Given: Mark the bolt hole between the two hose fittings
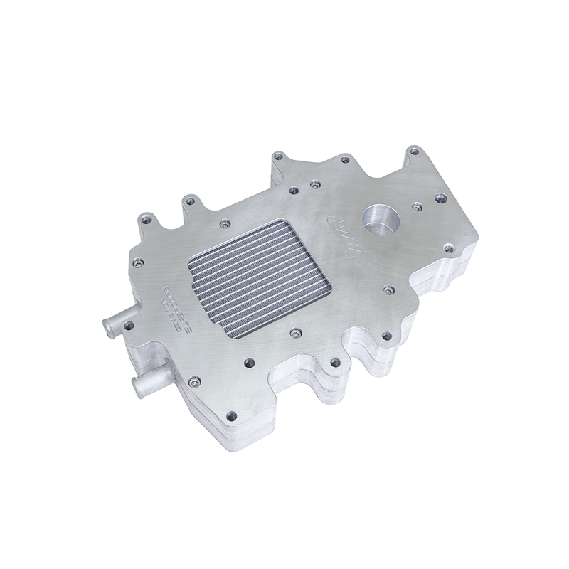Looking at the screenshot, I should [129, 326].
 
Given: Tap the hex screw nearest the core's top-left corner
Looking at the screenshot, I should [224, 223].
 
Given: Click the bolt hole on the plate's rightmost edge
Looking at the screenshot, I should [447, 248].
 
